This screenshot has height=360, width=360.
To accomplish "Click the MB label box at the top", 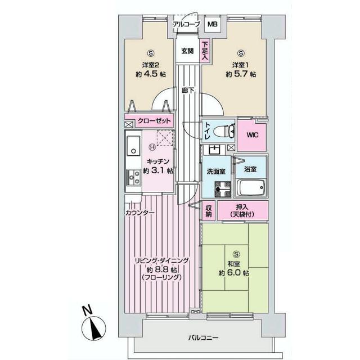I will point(213,24).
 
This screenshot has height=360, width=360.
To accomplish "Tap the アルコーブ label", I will point(186,24).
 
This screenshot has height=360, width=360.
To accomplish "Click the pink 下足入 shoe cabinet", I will point(205,51).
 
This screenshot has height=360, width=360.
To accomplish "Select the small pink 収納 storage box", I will point(209,210).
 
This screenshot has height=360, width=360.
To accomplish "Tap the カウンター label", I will point(140,213).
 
